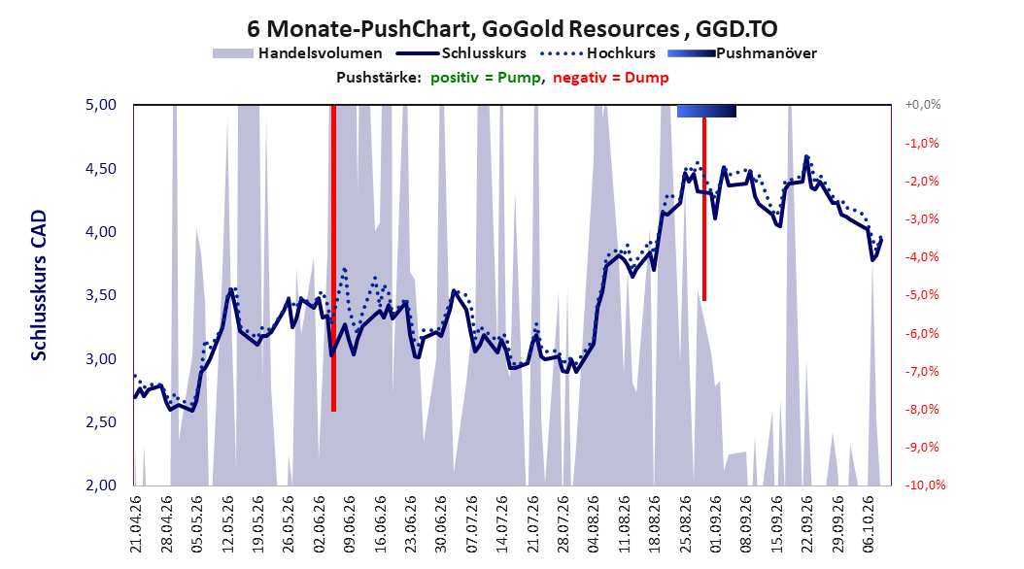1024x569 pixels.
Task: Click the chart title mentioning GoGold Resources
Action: click(512, 29)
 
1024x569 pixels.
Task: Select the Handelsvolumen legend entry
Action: click(298, 53)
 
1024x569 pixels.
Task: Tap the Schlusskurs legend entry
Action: click(462, 53)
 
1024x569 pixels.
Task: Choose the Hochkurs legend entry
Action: click(598, 53)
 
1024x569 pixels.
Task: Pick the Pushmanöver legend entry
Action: click(742, 53)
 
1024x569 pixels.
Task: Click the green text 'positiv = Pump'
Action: click(486, 78)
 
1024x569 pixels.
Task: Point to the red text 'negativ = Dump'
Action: click(611, 78)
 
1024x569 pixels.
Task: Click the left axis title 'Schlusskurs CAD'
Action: click(39, 285)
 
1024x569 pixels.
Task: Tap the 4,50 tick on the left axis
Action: click(101, 168)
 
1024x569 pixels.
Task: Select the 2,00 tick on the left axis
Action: click(101, 485)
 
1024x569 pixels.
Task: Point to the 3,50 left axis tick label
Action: click(101, 295)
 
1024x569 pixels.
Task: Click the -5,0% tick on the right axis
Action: click(922, 295)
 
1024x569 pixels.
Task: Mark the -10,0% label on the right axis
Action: click(925, 485)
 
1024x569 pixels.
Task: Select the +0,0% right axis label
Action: click(923, 105)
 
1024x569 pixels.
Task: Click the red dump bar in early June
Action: click(333, 257)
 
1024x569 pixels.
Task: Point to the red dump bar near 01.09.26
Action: click(704, 209)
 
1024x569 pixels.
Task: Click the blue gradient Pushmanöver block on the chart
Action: click(706, 111)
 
